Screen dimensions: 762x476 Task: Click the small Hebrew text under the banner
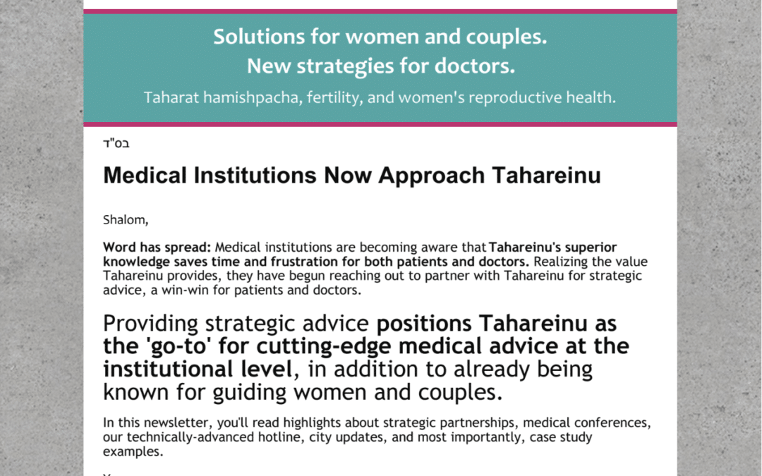point(116,143)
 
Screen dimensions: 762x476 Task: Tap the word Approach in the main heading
point(432,176)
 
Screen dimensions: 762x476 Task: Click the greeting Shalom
point(126,220)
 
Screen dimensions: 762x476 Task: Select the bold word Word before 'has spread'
point(119,248)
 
